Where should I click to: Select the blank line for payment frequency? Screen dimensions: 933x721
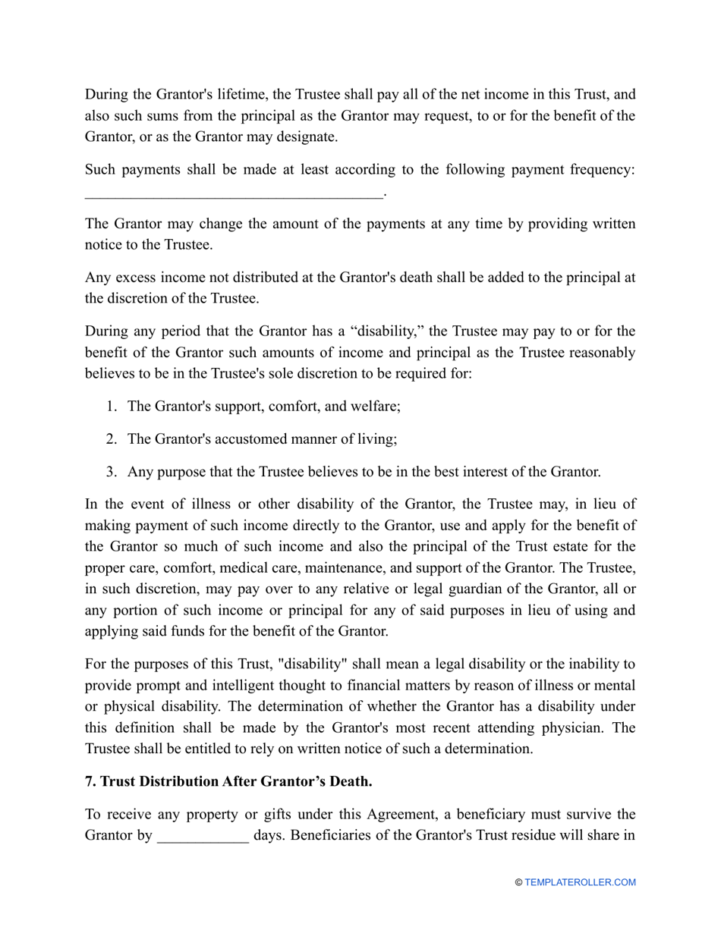(x=234, y=194)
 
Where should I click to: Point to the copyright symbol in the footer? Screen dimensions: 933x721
(x=518, y=882)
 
